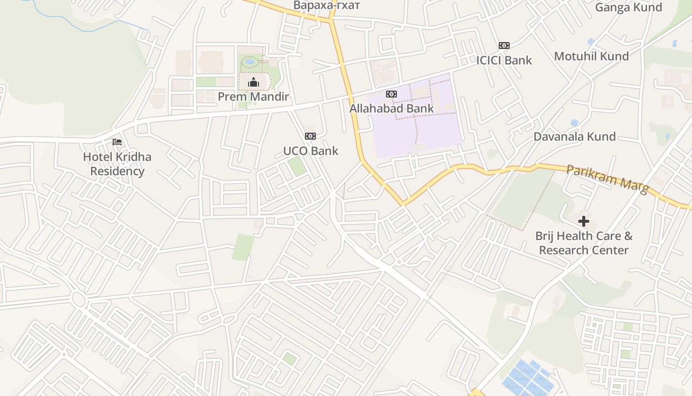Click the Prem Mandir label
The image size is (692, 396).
click(253, 97)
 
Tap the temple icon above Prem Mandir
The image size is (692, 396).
click(254, 82)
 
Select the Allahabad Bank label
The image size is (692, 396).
click(391, 108)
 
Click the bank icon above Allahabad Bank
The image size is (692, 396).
click(391, 94)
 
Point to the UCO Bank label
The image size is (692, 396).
click(310, 151)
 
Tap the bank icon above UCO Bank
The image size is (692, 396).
click(310, 136)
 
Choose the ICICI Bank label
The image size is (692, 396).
click(504, 60)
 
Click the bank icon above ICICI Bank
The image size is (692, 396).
click(504, 46)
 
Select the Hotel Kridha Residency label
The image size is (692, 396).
click(117, 164)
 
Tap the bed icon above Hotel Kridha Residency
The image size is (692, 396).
click(117, 142)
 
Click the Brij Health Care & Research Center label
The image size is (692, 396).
click(584, 243)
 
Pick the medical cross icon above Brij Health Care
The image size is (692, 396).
click(584, 221)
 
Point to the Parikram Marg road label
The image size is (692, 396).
click(607, 180)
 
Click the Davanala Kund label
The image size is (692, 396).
click(574, 137)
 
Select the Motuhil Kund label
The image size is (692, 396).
click(591, 56)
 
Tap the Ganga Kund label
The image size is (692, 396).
click(628, 7)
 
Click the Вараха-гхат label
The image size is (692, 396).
click(327, 5)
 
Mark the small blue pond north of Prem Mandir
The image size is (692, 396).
click(250, 62)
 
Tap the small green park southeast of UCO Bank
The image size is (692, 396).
click(297, 166)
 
